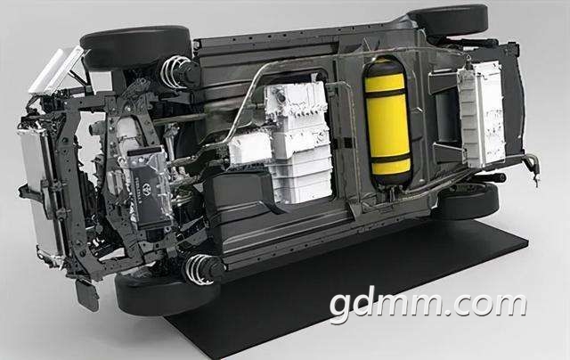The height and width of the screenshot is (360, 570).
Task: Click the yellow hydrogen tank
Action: coord(388,122)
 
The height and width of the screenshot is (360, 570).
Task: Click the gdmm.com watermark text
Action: coord(428,304)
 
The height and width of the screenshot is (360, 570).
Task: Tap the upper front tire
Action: coord(136,46)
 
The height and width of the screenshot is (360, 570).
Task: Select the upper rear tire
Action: coord(448,20)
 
